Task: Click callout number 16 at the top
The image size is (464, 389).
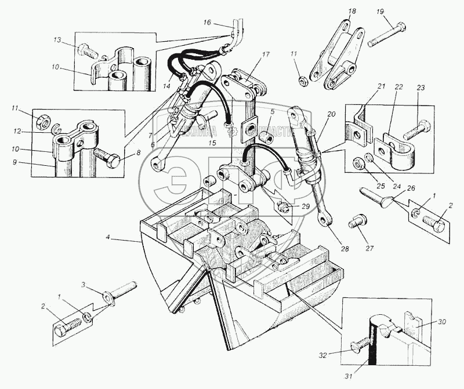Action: [x=207, y=23]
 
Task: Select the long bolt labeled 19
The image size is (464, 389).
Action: [x=386, y=35]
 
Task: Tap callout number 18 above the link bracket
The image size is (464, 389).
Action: [x=351, y=11]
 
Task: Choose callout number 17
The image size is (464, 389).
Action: [x=266, y=54]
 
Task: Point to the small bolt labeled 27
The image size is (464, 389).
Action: [x=357, y=221]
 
